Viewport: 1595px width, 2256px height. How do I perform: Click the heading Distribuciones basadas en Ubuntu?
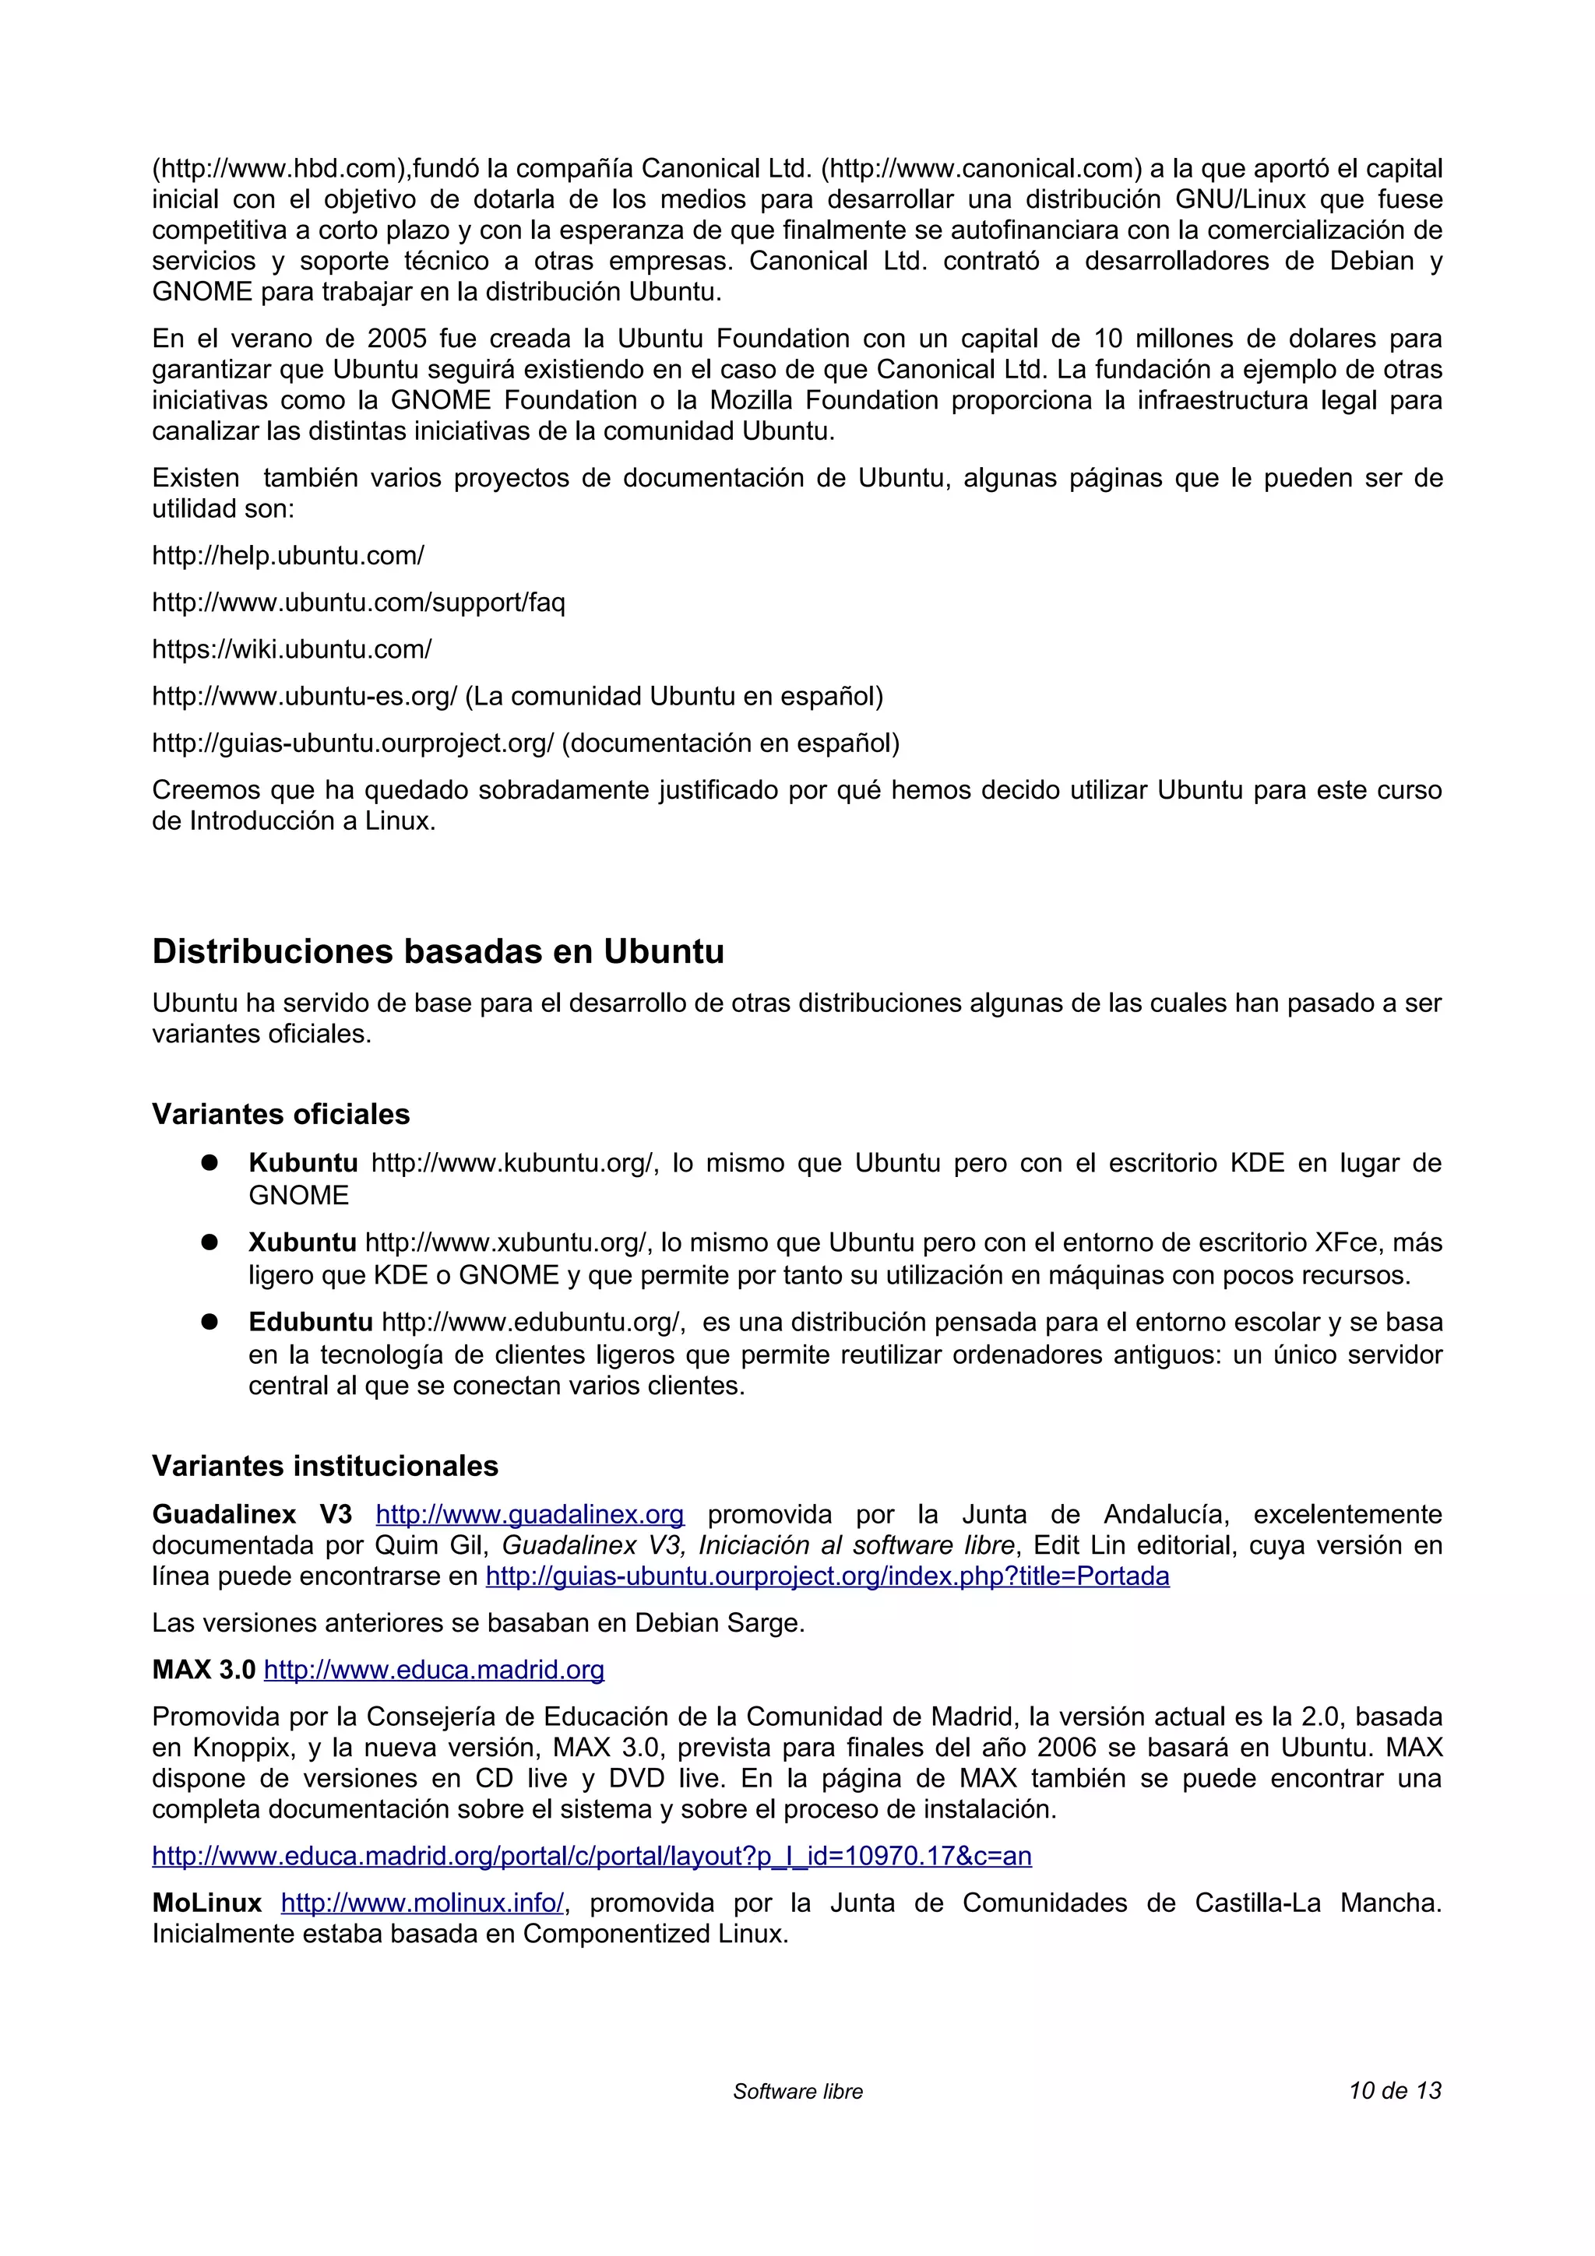pos(438,951)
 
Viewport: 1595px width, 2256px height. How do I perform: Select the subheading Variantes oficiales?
pos(280,1113)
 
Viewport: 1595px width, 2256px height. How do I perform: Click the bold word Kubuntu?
pos(303,1162)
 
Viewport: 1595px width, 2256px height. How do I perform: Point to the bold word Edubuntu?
pos(311,1322)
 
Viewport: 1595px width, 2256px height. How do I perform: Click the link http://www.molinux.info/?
pos(423,1903)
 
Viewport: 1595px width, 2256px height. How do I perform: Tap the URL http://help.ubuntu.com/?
pos(288,555)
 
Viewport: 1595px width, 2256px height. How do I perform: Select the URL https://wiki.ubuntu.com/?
pos(292,648)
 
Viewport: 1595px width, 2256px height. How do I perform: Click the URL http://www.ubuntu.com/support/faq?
pos(359,603)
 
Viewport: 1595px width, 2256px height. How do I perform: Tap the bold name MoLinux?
pos(206,1903)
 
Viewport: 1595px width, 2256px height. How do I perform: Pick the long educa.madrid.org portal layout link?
pos(592,1855)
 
